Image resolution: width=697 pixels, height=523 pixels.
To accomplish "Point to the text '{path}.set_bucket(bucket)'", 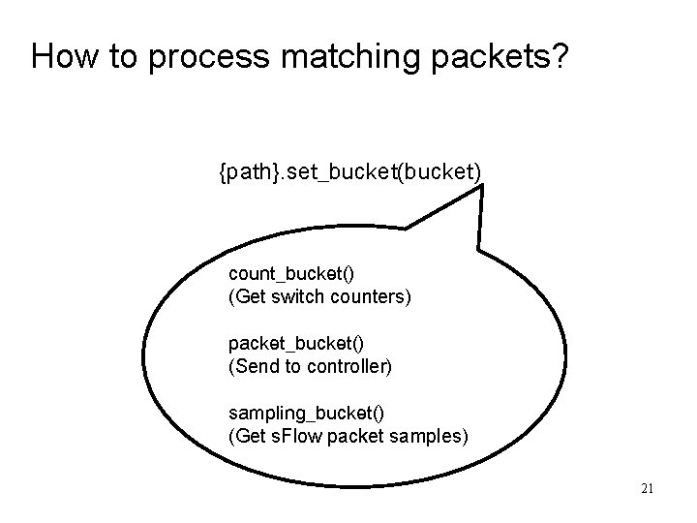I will (349, 173).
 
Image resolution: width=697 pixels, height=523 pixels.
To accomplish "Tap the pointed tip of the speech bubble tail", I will (481, 187).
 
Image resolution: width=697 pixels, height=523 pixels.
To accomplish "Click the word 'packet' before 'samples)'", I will (360, 436).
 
